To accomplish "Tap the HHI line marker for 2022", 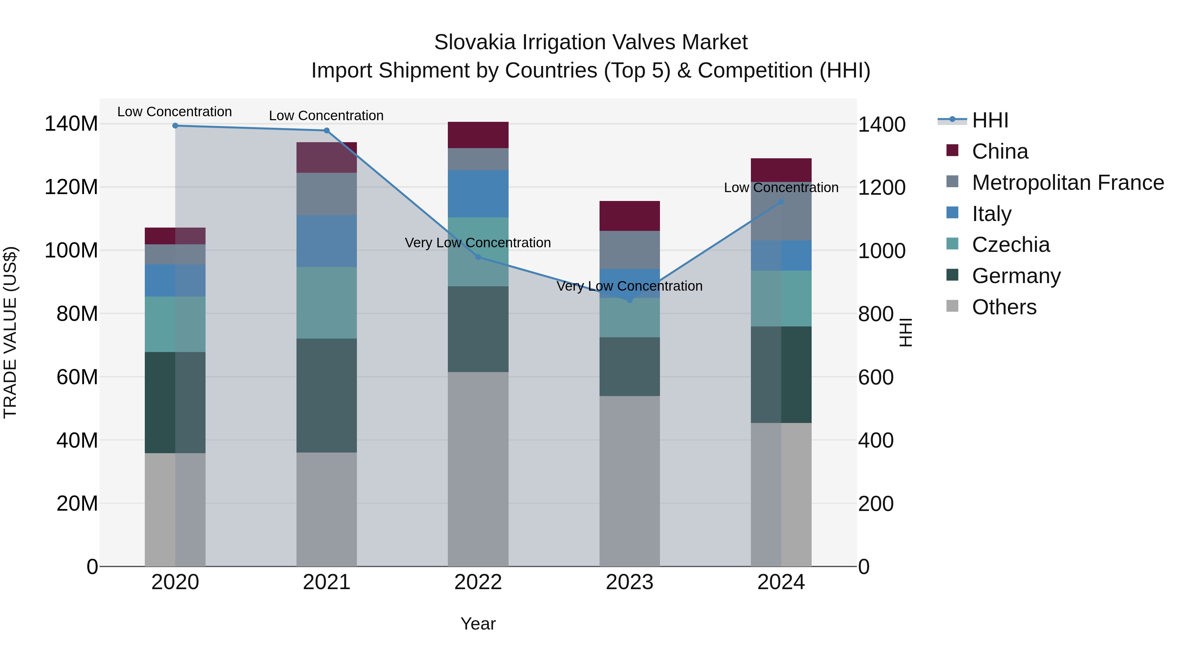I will pos(478,257).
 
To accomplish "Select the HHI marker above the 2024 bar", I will pos(781,202).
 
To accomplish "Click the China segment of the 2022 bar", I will pos(478,135).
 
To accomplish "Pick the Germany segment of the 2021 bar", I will pos(326,396).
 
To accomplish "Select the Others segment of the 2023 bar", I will pos(629,481).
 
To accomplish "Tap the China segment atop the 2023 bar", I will pos(629,216).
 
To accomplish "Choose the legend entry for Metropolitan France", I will pos(1067,183).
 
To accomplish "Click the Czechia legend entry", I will pos(1010,245).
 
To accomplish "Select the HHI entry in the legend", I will pos(990,120).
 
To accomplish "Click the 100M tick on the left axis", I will pos(71,251).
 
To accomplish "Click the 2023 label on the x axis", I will pos(629,582).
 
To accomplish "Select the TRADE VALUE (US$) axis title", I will pos(10,332).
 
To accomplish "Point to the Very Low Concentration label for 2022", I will pos(478,243).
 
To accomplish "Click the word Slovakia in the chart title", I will pos(474,42).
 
